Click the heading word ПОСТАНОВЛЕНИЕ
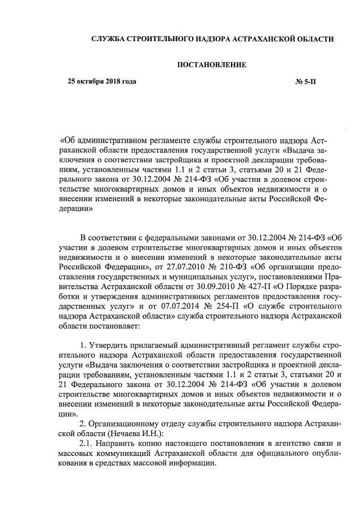[212, 65]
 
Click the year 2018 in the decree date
[114, 82]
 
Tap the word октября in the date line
[89, 82]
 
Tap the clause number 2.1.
[87, 443]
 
